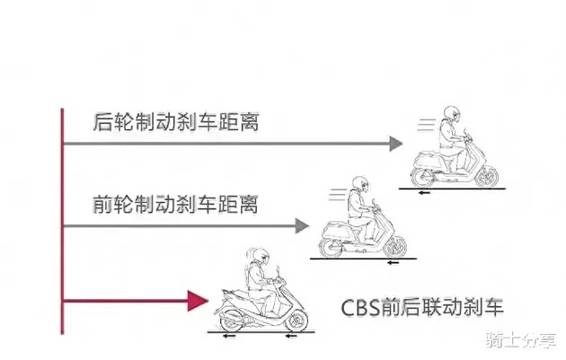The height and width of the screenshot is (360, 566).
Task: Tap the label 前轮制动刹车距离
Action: tap(175, 204)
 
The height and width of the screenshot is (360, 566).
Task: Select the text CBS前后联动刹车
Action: tap(422, 308)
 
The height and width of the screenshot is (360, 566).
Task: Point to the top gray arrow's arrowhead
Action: tap(396, 143)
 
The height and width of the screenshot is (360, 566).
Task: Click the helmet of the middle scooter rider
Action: tap(360, 184)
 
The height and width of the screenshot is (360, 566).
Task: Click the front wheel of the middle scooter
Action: tap(395, 244)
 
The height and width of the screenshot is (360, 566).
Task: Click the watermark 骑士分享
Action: tap(520, 342)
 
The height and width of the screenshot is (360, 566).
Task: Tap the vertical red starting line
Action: tap(62, 220)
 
